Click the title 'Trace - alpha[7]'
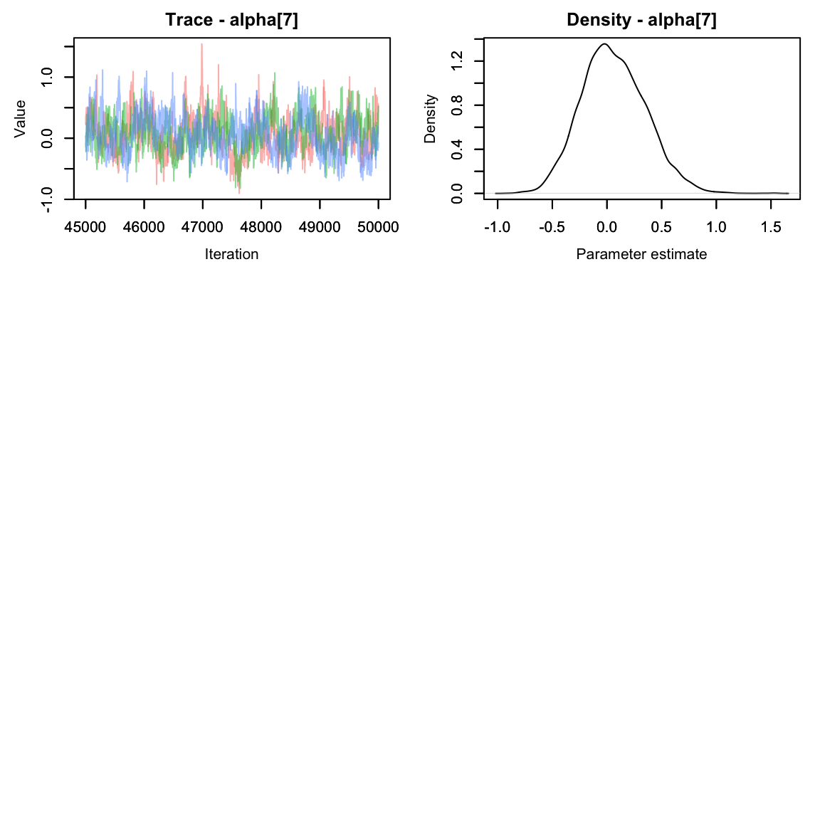tap(231, 20)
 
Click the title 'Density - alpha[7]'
tap(641, 20)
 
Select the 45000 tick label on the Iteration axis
tap(85, 227)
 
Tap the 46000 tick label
tap(144, 227)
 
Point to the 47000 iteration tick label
tap(202, 227)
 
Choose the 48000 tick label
tap(261, 227)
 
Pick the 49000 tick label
tap(320, 227)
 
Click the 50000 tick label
tap(378, 227)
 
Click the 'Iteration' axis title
tap(231, 254)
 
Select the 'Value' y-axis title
tap(20, 118)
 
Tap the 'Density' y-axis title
tap(430, 118)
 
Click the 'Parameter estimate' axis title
tap(641, 254)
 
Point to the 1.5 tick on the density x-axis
tap(771, 227)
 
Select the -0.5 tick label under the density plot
tap(552, 227)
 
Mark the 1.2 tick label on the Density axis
tap(458, 61)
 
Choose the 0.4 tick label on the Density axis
tap(458, 149)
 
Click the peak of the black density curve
tap(604, 44)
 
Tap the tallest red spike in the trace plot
tap(201, 44)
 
